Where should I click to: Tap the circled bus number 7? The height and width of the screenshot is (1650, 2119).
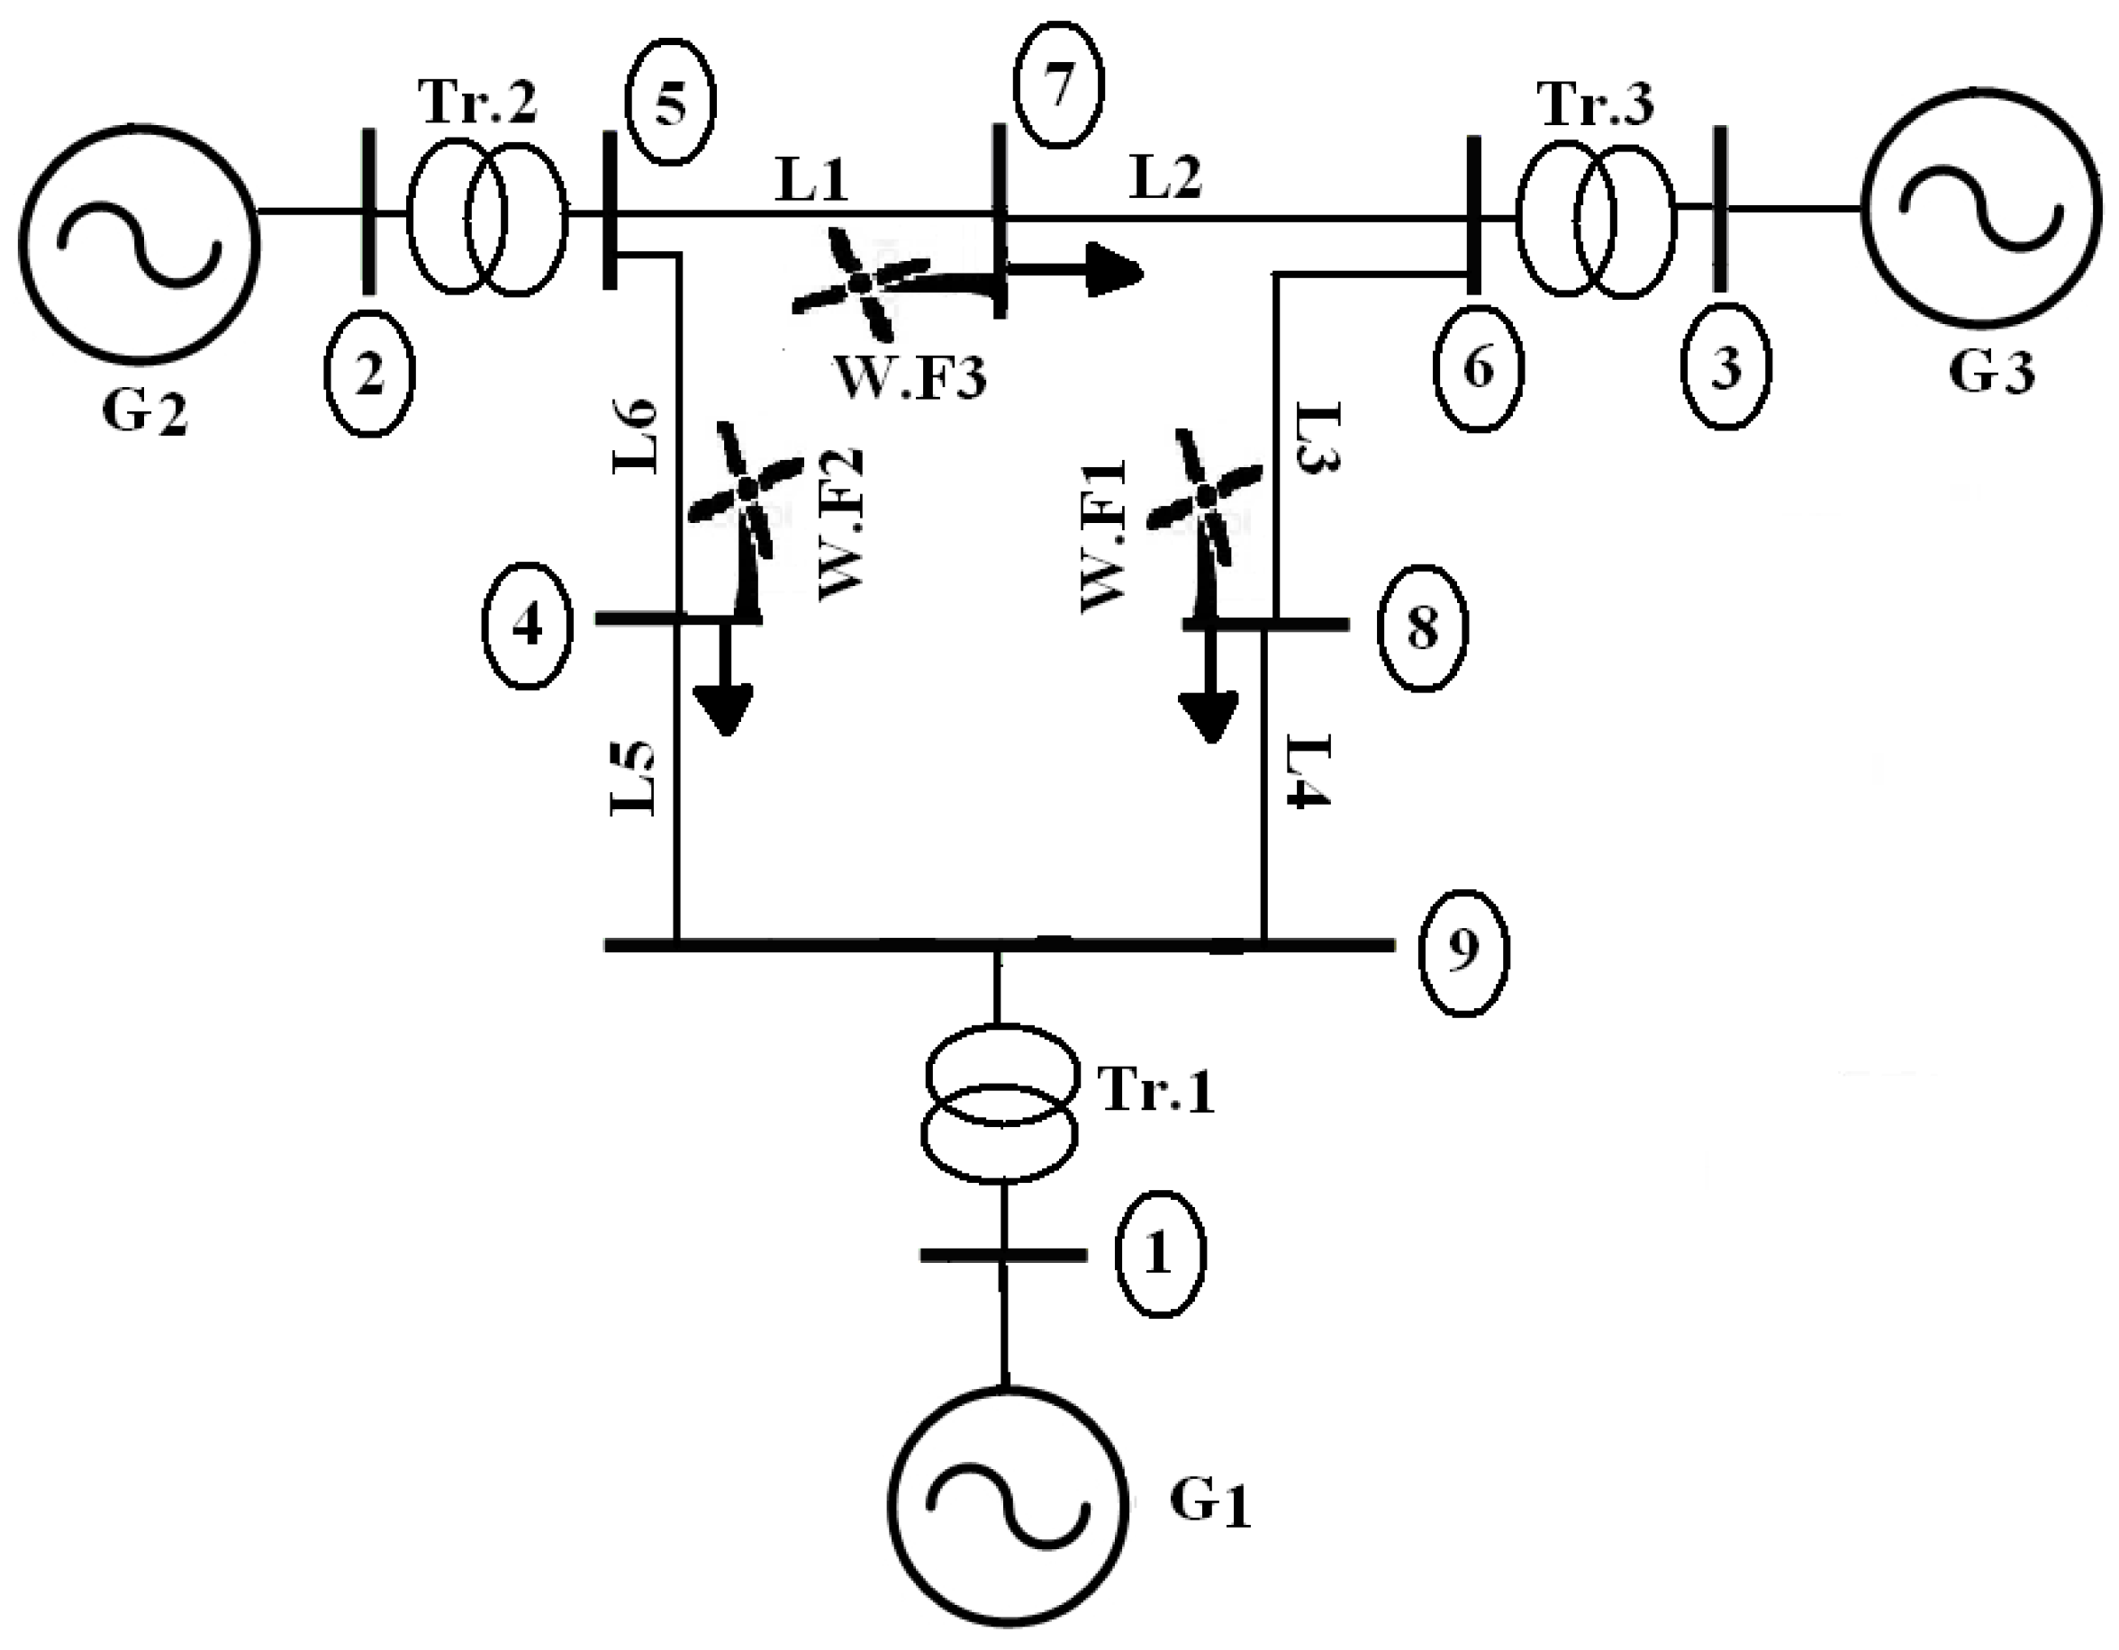[x=1058, y=86]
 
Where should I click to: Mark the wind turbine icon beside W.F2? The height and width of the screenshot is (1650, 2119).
[x=745, y=495]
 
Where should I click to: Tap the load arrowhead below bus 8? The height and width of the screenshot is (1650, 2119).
[x=1209, y=717]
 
